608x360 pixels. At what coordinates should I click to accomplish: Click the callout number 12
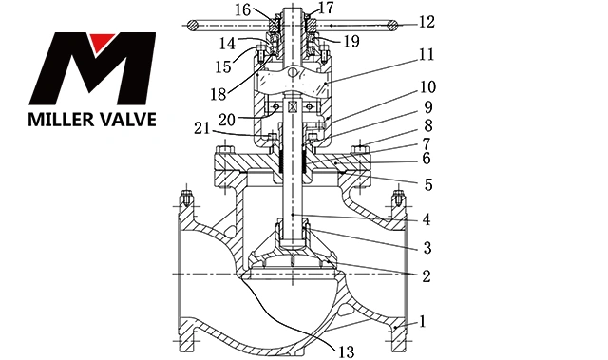[x=427, y=22]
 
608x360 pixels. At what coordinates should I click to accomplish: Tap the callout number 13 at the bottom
[x=346, y=351]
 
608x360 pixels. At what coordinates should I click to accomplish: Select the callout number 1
[x=423, y=321]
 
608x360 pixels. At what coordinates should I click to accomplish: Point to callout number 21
[x=201, y=128]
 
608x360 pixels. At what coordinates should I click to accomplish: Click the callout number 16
[x=243, y=10]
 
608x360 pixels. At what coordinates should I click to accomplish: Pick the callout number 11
[x=427, y=54]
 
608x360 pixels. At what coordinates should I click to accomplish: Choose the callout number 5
[x=428, y=184]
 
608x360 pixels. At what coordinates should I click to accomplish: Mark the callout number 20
[x=227, y=120]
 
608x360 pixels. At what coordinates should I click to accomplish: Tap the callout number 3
[x=427, y=248]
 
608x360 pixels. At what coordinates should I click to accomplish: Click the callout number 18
[x=218, y=94]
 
